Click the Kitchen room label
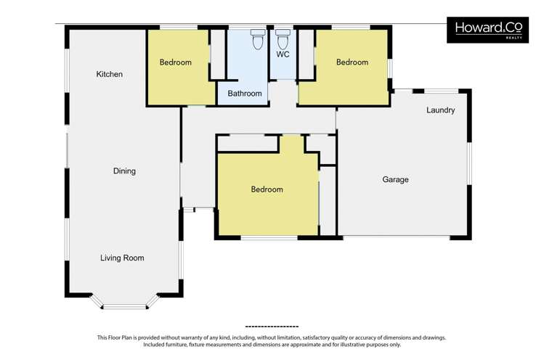pos(109,74)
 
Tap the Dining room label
pos(124,171)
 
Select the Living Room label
pos(122,258)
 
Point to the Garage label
pos(396,179)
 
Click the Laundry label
pos(441,110)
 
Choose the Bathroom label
pos(245,94)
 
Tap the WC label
pos(283,54)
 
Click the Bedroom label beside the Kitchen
pos(176,62)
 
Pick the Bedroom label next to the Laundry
pos(352,62)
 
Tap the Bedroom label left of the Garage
pos(267,189)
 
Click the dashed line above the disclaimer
pos(272,327)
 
